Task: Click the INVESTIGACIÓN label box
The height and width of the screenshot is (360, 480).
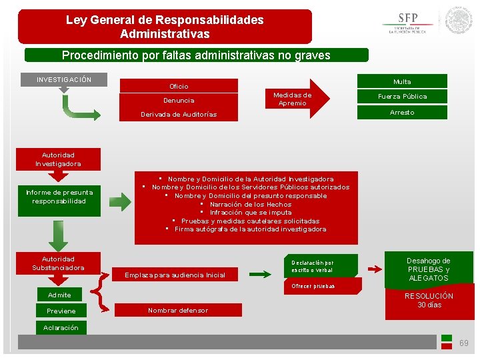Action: coord(65,79)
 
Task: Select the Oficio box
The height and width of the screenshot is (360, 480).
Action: coord(179,86)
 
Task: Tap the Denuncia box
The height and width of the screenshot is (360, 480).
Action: coord(179,100)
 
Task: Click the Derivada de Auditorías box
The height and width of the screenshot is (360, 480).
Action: coord(179,115)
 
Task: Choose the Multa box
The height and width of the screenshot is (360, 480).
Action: coord(402,81)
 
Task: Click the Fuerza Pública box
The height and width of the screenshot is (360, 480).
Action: coord(402,96)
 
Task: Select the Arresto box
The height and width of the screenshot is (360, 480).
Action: coord(402,112)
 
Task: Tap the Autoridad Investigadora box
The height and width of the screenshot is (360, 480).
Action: coord(59,159)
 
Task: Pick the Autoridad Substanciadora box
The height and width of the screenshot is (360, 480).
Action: coord(59,263)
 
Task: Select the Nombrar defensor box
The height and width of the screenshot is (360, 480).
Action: coord(177,310)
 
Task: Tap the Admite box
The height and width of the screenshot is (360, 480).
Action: coord(59,295)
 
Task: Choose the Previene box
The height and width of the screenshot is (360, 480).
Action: coord(61,311)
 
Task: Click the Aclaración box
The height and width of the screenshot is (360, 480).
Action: coord(61,327)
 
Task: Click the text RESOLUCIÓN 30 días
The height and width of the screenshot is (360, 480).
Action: coord(429,300)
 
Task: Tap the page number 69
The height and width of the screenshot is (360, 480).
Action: coord(463,343)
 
